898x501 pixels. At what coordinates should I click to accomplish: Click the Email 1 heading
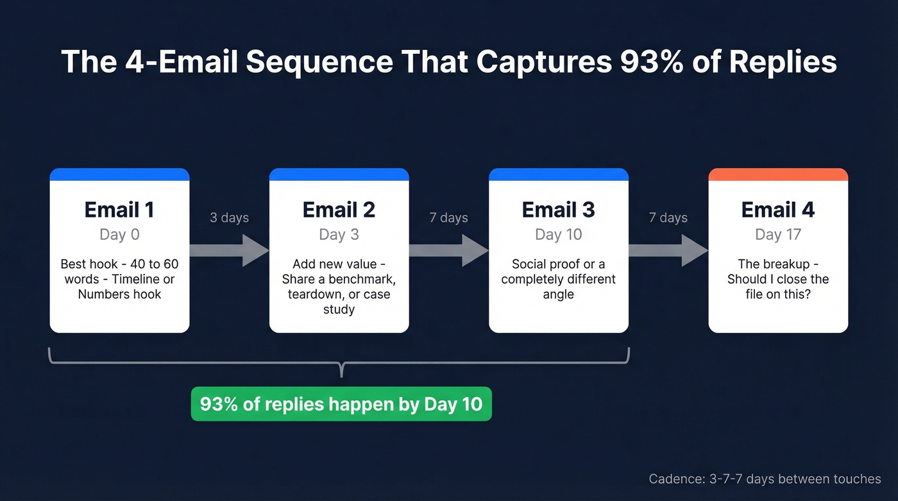(119, 210)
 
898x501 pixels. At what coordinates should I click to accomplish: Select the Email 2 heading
(339, 210)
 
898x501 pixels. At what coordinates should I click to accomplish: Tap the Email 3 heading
(558, 210)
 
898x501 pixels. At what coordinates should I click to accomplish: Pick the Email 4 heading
(778, 210)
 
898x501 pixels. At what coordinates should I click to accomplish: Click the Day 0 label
(119, 235)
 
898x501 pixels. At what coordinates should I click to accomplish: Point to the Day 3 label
(339, 235)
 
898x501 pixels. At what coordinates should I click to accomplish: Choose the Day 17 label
(778, 235)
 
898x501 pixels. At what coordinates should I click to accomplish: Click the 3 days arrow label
(229, 218)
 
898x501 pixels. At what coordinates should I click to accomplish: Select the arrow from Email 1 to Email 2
(230, 250)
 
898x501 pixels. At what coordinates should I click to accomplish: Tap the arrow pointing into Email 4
(668, 250)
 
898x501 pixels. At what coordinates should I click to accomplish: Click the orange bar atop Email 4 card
(778, 174)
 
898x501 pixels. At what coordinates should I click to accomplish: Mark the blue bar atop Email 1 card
(119, 174)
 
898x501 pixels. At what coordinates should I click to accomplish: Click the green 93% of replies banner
(341, 404)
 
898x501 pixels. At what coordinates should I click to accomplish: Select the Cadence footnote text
(765, 479)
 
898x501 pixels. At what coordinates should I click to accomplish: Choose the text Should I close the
(778, 280)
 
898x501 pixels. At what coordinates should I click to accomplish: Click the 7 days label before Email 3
(448, 218)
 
